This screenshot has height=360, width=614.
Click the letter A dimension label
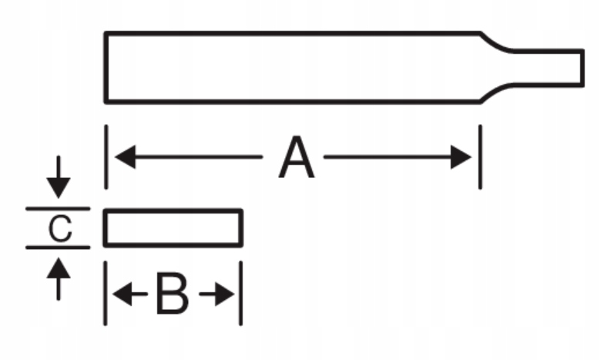pyautogui.click(x=297, y=159)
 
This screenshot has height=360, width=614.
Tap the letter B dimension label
pyautogui.click(x=171, y=294)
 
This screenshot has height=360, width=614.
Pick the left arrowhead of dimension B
pyautogui.click(x=120, y=294)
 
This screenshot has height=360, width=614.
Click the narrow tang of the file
pyautogui.click(x=547, y=67)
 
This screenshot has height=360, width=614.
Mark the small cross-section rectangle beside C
pyautogui.click(x=173, y=228)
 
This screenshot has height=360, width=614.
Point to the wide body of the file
pyautogui.click(x=293, y=67)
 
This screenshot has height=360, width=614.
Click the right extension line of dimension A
pyautogui.click(x=481, y=158)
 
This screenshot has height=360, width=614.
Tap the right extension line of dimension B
pyautogui.click(x=240, y=294)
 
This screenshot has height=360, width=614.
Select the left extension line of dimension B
pyautogui.click(x=105, y=294)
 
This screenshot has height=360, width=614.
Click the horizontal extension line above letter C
pyautogui.click(x=58, y=209)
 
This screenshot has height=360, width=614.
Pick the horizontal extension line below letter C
pyautogui.click(x=58, y=247)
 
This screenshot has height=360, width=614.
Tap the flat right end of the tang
pyautogui.click(x=582, y=67)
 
